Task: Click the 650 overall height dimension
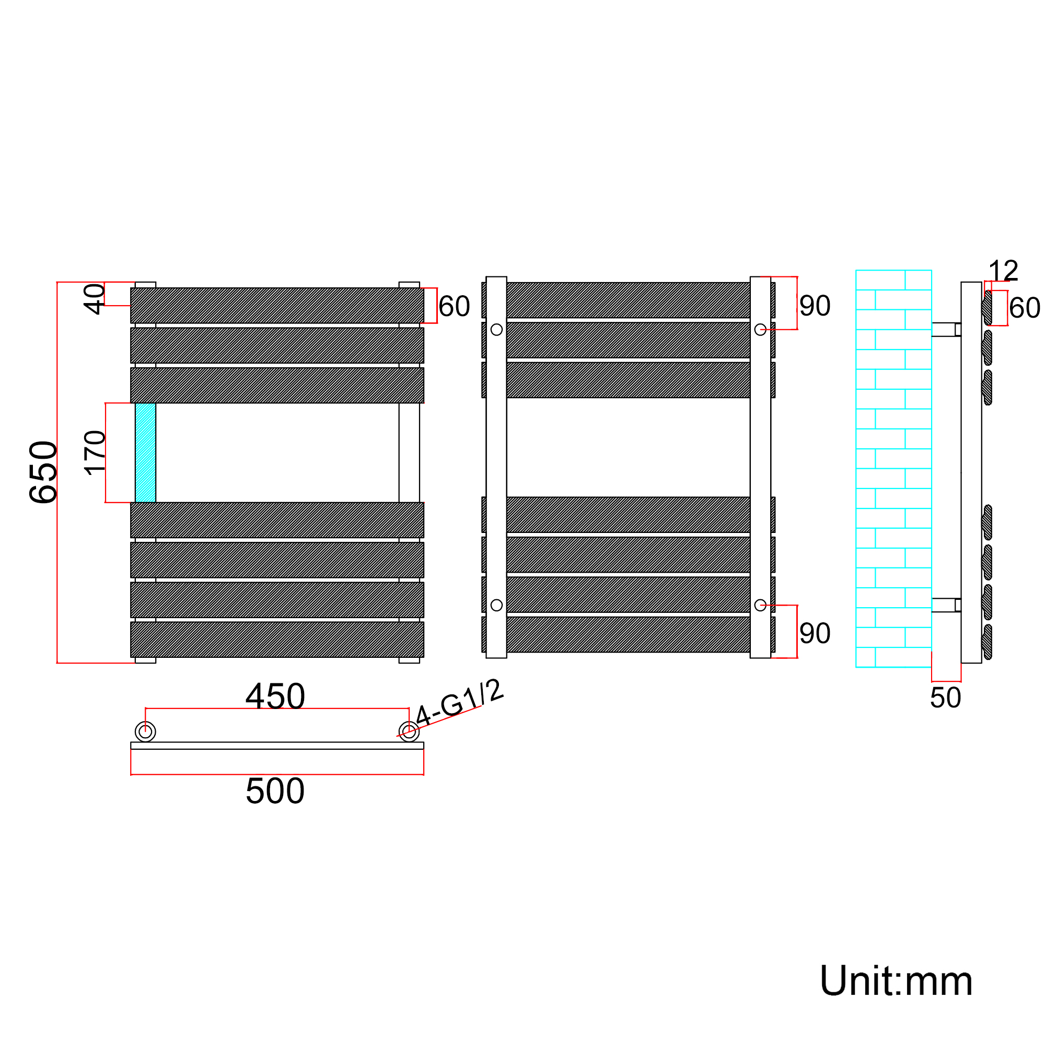coord(43,473)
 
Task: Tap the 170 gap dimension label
coord(95,453)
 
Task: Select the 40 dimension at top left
coord(94,299)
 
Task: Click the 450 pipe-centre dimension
coord(275,696)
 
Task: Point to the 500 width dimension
coord(275,791)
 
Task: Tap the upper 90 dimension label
coord(815,306)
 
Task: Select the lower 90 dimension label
coord(815,633)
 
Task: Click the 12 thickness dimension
coord(1003,271)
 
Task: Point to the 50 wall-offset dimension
coord(946,698)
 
